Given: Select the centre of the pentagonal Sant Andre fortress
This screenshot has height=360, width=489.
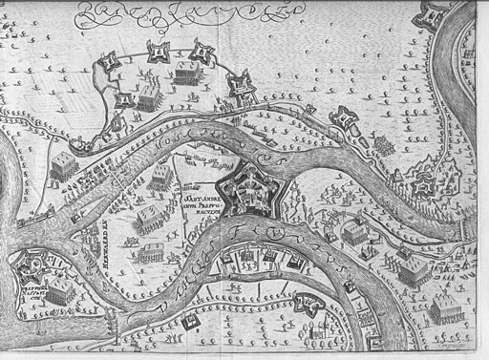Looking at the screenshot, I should (x=251, y=185).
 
